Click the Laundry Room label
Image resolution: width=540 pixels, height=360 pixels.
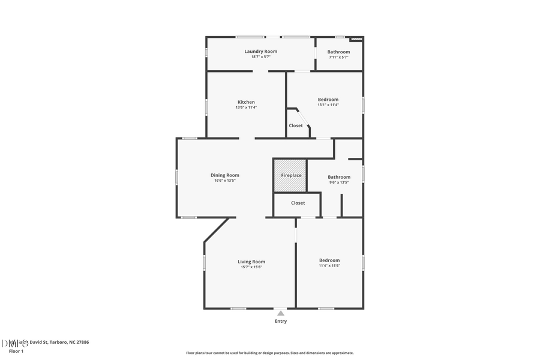[260, 52]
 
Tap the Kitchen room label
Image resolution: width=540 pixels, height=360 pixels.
[246, 102]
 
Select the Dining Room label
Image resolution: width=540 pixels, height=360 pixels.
[224, 175]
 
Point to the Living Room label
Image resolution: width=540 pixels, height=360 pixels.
[251, 262]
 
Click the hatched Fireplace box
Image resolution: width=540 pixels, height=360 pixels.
[291, 175]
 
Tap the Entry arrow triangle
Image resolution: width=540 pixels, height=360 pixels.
[280, 312]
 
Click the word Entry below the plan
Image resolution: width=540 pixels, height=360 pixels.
[281, 321]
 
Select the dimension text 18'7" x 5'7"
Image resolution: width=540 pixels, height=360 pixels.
[260, 57]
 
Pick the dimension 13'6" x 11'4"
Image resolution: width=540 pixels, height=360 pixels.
[246, 107]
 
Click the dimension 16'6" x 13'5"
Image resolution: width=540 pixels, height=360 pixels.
[224, 181]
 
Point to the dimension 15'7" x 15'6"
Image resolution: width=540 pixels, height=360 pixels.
[251, 267]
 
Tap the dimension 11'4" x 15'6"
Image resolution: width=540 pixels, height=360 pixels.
[329, 265]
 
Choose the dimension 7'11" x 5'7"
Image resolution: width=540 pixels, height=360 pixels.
[338, 57]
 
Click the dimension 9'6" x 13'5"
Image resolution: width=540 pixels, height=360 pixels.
[339, 182]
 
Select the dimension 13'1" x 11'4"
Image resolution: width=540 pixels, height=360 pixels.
[328, 105]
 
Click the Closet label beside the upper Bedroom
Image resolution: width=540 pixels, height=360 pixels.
[296, 125]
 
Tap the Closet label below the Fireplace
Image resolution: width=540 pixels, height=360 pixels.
[298, 203]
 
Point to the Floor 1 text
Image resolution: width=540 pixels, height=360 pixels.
[16, 351]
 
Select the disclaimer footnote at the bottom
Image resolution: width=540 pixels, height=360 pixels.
[269, 353]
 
